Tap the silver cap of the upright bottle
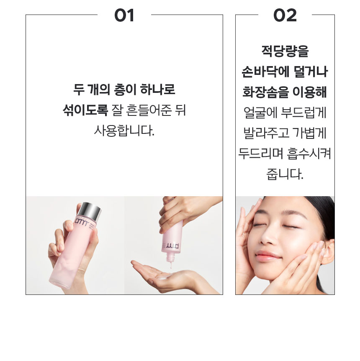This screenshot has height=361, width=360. (90, 212)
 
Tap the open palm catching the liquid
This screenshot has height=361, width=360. (167, 276)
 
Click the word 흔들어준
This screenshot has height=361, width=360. (147, 110)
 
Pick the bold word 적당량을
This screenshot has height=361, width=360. (285, 52)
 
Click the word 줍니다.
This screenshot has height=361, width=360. (285, 173)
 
